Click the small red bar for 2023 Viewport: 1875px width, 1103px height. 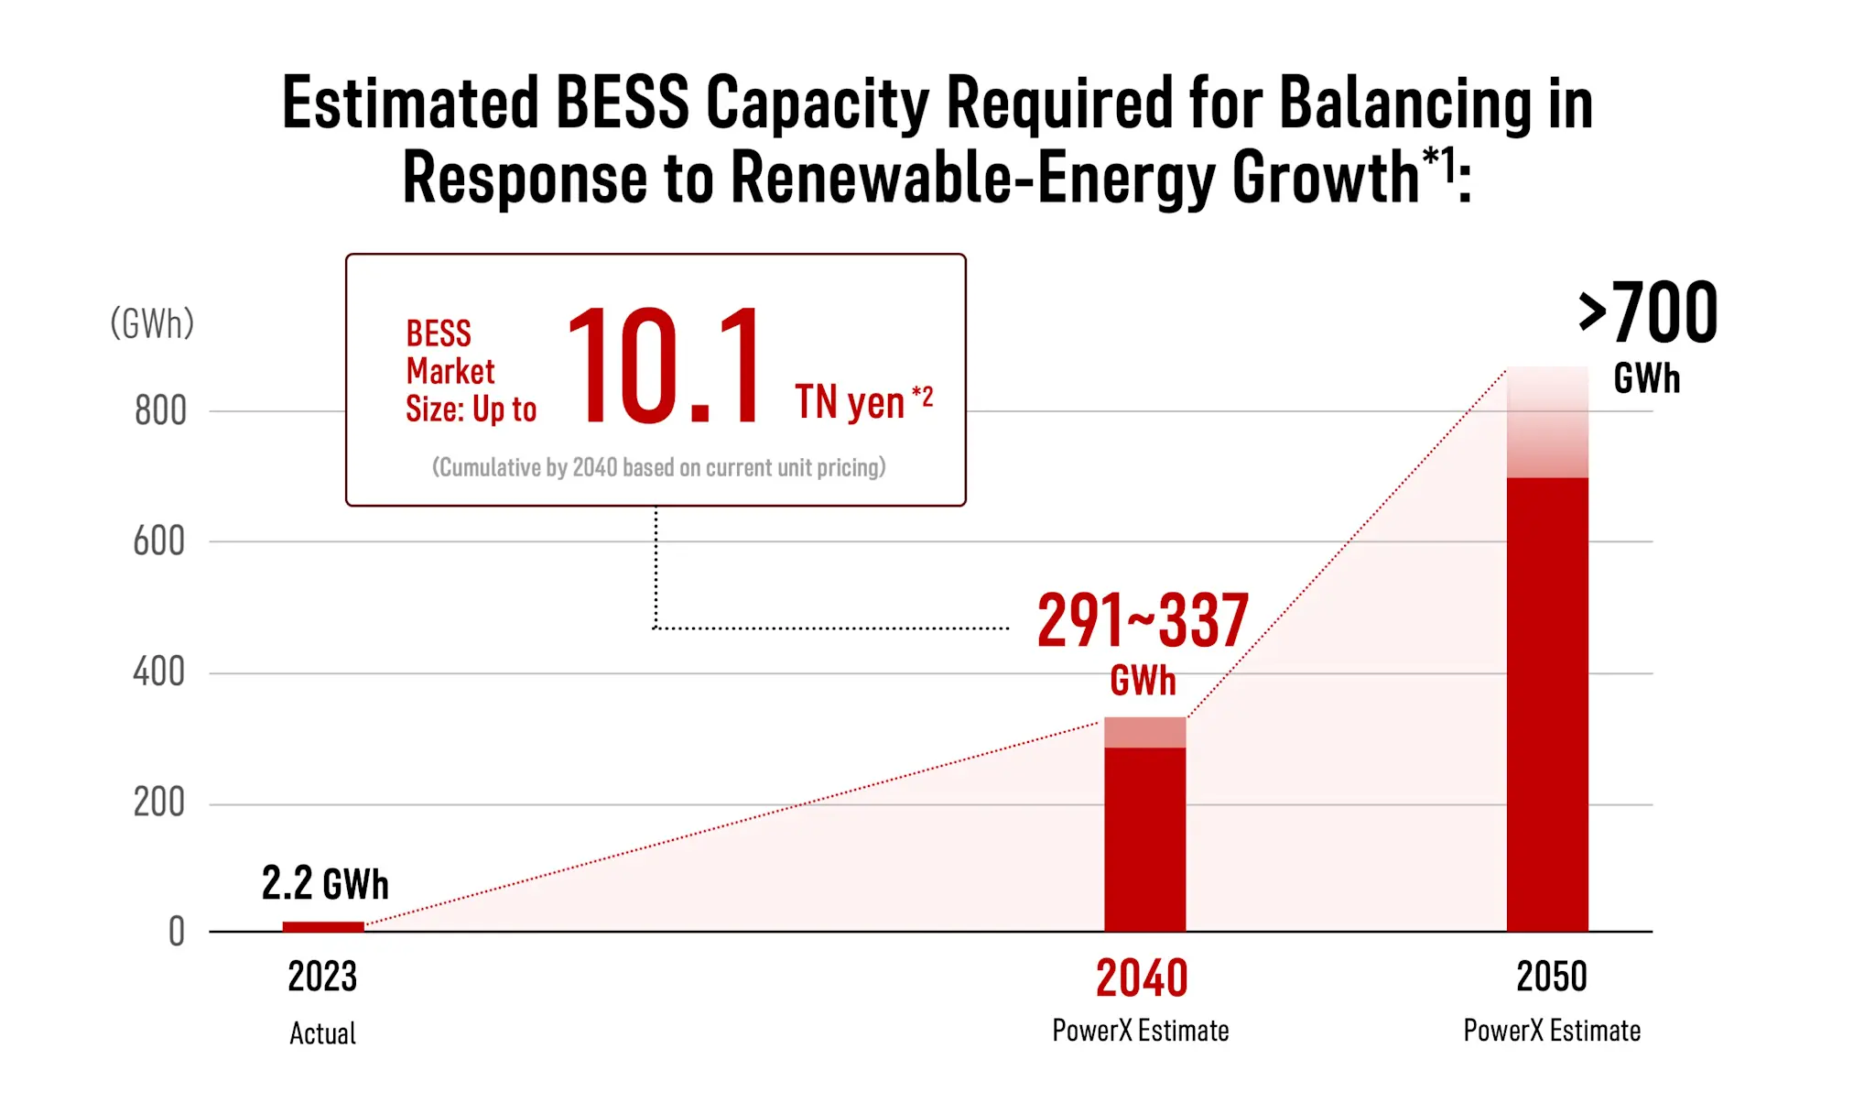point(323,926)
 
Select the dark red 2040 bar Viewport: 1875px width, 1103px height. point(1144,838)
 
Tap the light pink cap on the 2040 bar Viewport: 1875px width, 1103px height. point(1144,732)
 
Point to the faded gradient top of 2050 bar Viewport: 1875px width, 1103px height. point(1547,421)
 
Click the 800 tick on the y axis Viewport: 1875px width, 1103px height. point(160,411)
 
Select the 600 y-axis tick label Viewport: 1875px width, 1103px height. point(159,541)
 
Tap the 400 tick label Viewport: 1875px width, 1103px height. point(159,672)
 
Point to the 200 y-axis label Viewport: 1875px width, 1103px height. point(159,803)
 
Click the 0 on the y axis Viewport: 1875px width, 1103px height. point(177,932)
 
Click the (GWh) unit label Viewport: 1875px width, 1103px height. point(152,323)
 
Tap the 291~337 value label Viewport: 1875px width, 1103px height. point(1143,621)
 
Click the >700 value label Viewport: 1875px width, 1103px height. point(1648,314)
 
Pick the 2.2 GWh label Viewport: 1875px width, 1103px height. point(325,884)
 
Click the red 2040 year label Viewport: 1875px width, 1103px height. point(1142,978)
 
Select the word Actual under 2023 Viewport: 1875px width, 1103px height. point(322,1033)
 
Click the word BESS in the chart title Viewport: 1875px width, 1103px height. point(622,103)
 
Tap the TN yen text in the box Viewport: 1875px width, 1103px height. point(850,402)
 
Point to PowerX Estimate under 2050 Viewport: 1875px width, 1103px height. point(1552,1031)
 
